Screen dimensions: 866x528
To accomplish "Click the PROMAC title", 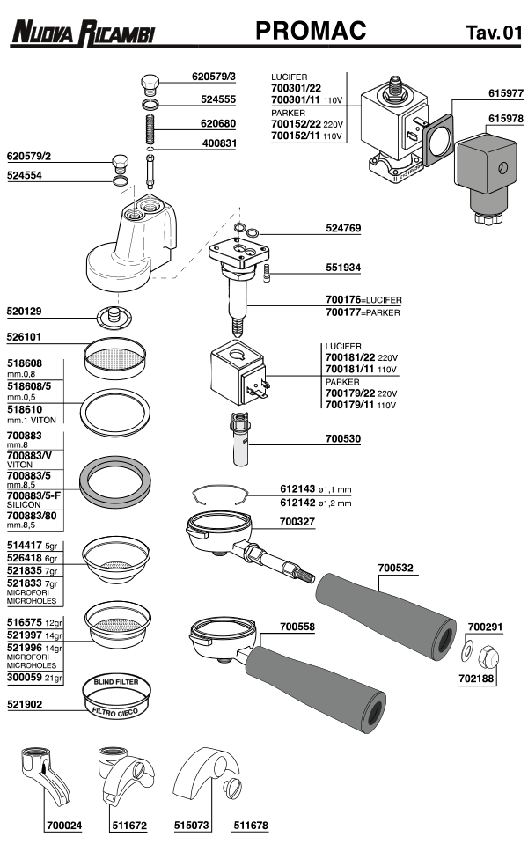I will coord(310,32).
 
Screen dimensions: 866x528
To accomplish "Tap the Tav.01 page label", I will coord(494,33).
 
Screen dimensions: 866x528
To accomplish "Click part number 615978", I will coord(506,118).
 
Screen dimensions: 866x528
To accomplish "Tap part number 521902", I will coord(26,705).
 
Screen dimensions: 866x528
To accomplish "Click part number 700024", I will coord(62,826).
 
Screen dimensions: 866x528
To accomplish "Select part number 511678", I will coord(250,826).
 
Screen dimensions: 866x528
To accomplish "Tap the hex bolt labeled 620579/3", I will coord(150,84).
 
